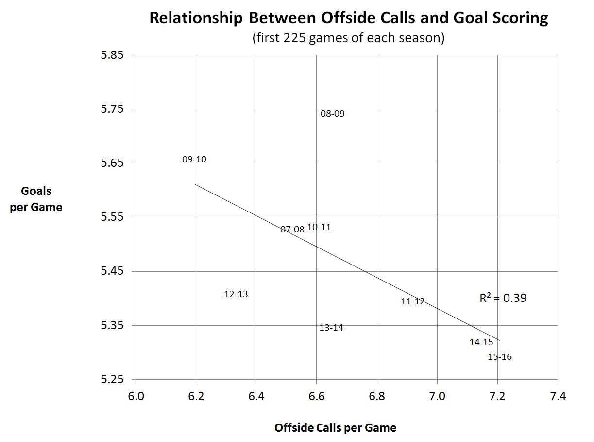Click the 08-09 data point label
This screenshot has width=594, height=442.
pyautogui.click(x=333, y=114)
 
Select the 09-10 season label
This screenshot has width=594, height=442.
pyautogui.click(x=194, y=159)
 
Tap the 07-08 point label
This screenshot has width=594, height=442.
pyautogui.click(x=292, y=229)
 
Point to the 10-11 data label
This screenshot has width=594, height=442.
pyautogui.click(x=319, y=227)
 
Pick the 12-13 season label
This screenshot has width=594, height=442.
pyautogui.click(x=236, y=294)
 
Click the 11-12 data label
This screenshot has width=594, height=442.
pyautogui.click(x=413, y=301)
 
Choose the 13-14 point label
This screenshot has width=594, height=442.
pyautogui.click(x=331, y=328)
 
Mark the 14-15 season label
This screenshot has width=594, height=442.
pyautogui.click(x=481, y=342)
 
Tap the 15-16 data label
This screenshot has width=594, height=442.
pyautogui.click(x=500, y=357)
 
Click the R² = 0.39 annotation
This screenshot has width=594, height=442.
pyautogui.click(x=503, y=298)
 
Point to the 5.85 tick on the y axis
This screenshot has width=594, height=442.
pyautogui.click(x=112, y=55)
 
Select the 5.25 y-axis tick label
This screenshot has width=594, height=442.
pyautogui.click(x=112, y=379)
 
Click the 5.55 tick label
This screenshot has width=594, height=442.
pyautogui.click(x=112, y=217)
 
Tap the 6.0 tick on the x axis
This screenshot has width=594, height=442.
pyautogui.click(x=136, y=396)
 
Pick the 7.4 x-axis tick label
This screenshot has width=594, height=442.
pyautogui.click(x=557, y=396)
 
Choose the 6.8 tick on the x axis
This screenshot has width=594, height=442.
pyautogui.click(x=377, y=396)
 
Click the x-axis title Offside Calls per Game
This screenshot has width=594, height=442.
pyautogui.click(x=335, y=428)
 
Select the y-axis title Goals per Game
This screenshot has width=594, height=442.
pyautogui.click(x=36, y=199)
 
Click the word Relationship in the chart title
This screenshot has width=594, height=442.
pyautogui.click(x=196, y=18)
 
